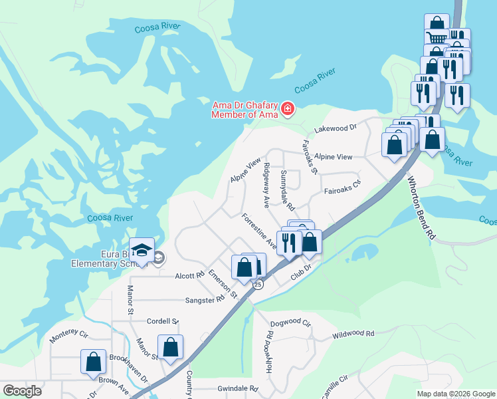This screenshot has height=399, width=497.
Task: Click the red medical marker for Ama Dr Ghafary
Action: tap(288, 108)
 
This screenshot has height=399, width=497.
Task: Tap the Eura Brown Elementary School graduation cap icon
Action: tap(142, 250)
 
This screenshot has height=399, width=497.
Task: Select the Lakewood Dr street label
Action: tap(336, 126)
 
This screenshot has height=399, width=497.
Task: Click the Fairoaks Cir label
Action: tap(342, 191)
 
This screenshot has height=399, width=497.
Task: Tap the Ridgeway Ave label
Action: tap(266, 183)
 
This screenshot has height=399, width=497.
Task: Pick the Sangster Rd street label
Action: tap(205, 300)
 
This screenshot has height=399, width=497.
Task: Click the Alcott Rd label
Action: tap(189, 275)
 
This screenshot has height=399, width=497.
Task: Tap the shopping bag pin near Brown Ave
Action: tap(93, 362)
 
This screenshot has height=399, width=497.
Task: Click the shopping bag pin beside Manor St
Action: tap(171, 346)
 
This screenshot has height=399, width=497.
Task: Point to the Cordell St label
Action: tap(163, 321)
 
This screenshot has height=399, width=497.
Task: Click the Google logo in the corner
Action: tap(22, 391)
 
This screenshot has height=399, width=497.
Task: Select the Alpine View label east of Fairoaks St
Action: tap(334, 157)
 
